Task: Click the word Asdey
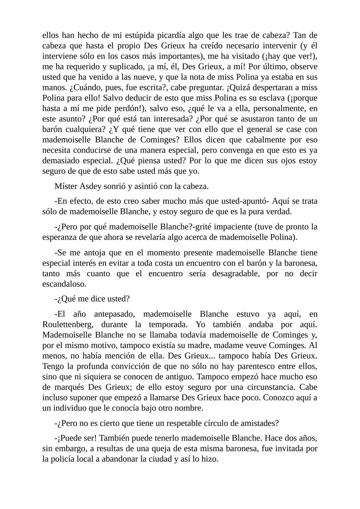click(90, 186)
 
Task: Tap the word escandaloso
click(64, 284)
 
